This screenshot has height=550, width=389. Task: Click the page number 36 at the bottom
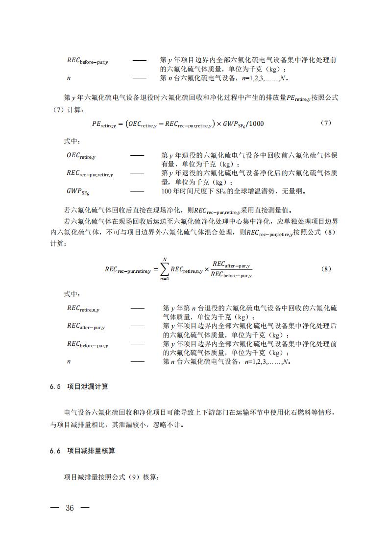click(70, 508)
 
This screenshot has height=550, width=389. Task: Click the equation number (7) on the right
click(326, 123)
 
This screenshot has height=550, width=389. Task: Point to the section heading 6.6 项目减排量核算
click(82, 451)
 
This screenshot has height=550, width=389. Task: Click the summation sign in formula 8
click(165, 269)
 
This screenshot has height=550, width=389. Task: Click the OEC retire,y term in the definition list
click(81, 156)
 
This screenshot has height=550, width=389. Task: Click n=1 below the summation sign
click(165, 279)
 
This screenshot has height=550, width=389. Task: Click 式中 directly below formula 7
click(72, 141)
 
